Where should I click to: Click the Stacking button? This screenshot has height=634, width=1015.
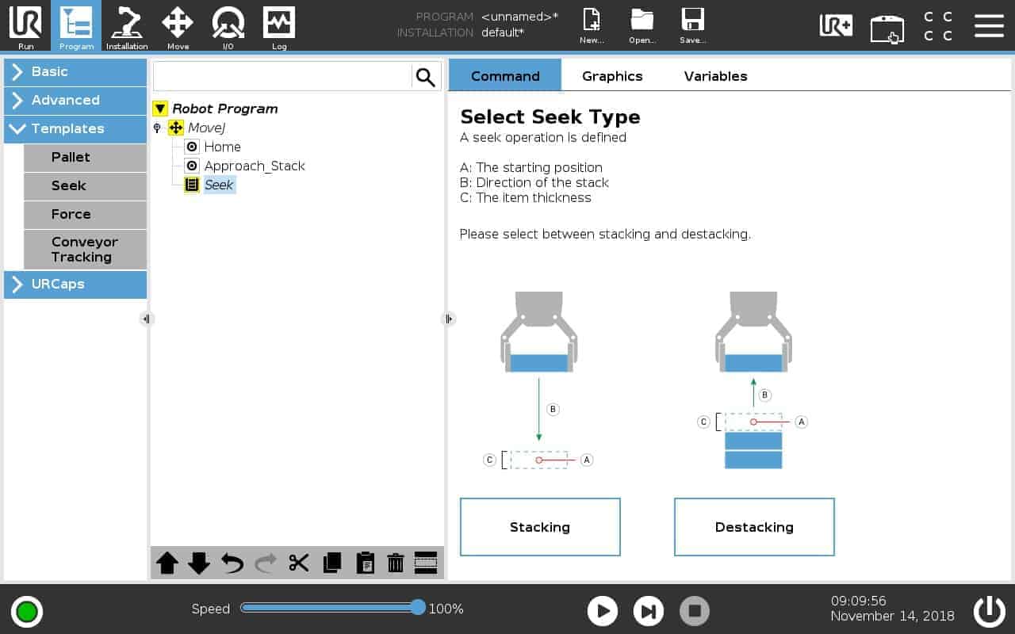coord(540,527)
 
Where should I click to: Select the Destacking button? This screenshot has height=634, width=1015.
coord(754,527)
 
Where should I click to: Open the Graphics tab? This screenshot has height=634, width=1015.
coord(612,76)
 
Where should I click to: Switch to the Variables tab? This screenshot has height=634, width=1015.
coord(715,76)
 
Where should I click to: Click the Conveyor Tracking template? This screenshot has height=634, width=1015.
coord(85,250)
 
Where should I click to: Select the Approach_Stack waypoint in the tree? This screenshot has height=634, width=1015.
coord(254,166)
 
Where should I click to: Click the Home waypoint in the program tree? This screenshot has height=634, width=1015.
coord(222,147)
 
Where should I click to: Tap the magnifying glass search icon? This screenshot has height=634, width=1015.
coord(426,77)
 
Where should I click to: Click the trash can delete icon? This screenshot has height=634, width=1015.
coord(396,563)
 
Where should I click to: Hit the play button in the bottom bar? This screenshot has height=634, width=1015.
coord(603,610)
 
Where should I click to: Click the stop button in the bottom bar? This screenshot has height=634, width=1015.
coord(695,610)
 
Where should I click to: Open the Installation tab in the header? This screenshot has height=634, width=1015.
coord(127,26)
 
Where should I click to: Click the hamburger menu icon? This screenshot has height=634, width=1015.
coord(989,25)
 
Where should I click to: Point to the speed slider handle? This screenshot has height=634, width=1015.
coord(418,608)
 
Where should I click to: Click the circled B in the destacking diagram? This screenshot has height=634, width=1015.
coord(765,395)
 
